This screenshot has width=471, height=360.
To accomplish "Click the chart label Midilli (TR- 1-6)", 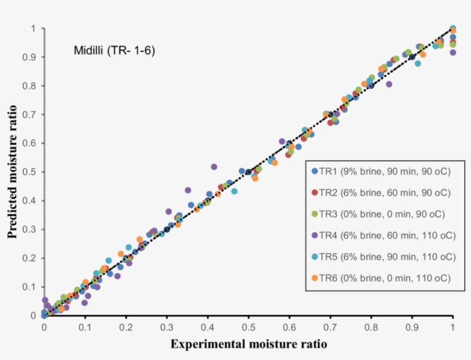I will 114,51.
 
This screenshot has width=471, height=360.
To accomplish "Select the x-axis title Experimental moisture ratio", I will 248,344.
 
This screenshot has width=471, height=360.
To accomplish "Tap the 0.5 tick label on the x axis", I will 248,327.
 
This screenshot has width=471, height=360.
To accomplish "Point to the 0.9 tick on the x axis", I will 412,327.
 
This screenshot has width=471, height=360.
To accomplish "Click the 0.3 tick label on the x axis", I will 167,327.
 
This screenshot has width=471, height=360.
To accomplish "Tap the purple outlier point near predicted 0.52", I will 214,167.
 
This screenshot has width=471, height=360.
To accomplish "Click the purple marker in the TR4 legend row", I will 314,235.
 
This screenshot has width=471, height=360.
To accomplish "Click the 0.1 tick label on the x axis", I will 85,327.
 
